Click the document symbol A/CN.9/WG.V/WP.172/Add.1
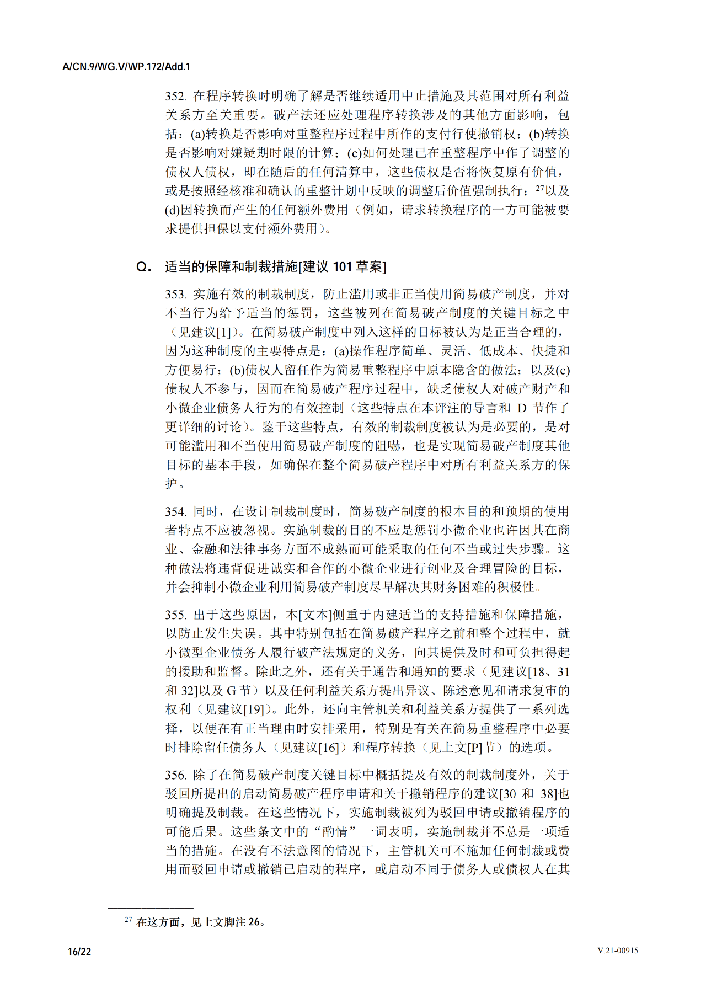pos(126,67)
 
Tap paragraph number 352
pos(175,97)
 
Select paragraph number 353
pos(175,295)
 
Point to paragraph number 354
pos(175,511)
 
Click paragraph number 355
pos(175,615)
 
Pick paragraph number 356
pos(175,775)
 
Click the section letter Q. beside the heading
pos(144,267)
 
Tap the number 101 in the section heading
pos(342,267)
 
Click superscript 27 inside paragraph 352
pos(540,188)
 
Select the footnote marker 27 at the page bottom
pos(128,920)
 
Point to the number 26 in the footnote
pos(254,922)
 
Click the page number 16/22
pos(79,952)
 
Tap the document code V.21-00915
pos(618,951)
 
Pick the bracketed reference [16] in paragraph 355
pos(329,748)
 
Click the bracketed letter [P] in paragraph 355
pos(475,748)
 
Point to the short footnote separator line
pos(151,907)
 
